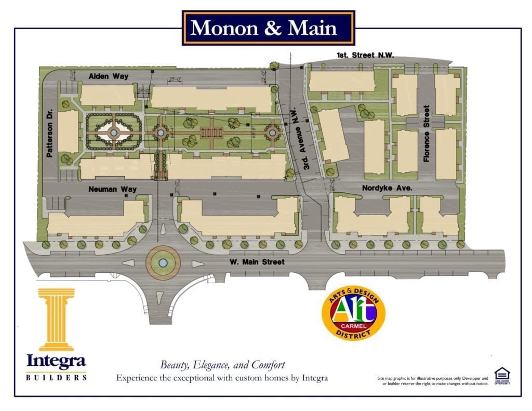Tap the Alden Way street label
point(108,76)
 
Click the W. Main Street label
point(257,262)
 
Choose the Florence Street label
point(426,134)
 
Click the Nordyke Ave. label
point(387,188)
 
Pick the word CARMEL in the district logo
point(353,326)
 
